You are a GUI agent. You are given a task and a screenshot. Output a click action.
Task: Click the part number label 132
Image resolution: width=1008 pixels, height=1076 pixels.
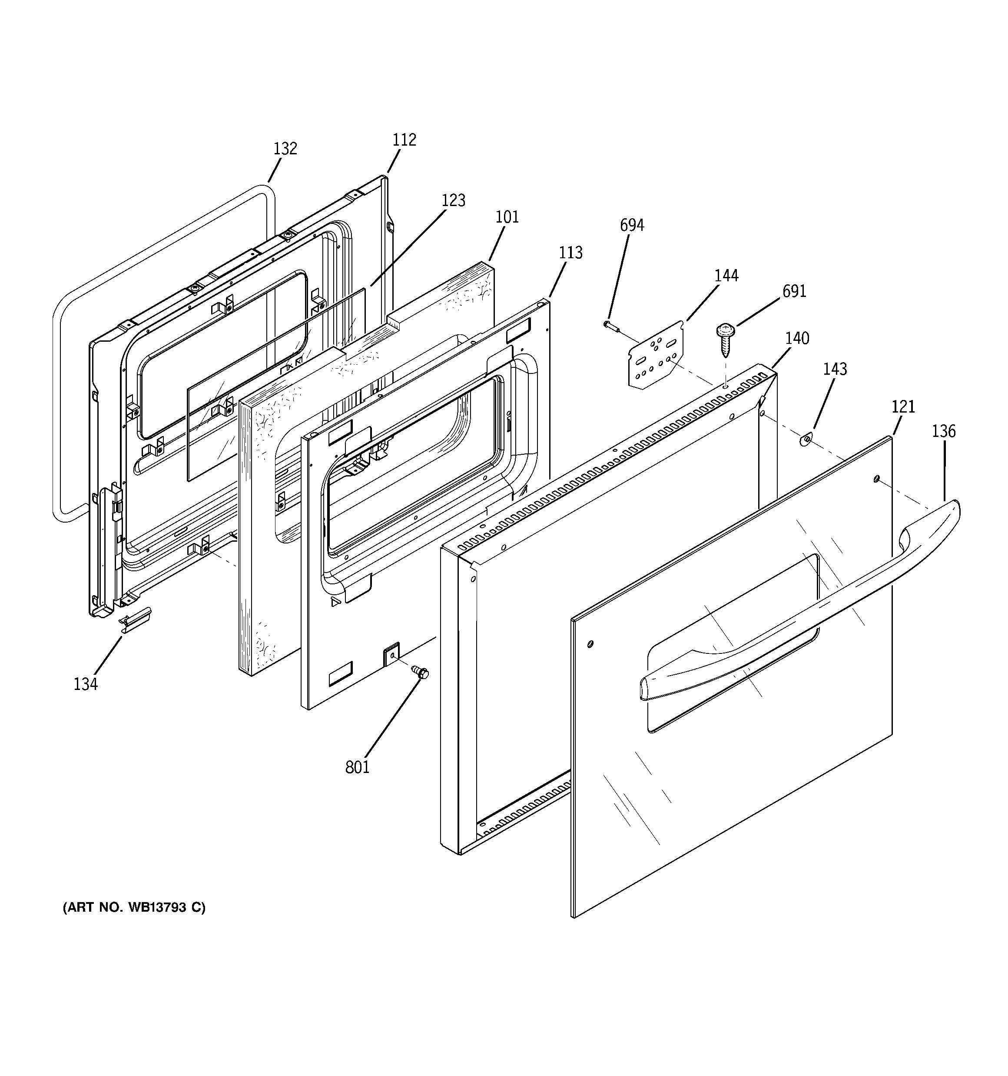coord(285,148)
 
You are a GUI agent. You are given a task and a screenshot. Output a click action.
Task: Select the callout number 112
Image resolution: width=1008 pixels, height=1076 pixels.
coord(404,140)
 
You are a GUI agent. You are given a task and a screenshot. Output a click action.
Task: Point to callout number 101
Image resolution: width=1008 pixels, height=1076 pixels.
coord(507,217)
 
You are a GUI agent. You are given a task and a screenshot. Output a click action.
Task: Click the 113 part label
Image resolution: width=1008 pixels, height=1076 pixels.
coord(570,253)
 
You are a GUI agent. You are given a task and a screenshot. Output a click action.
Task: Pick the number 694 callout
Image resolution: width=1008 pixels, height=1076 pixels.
coord(632,225)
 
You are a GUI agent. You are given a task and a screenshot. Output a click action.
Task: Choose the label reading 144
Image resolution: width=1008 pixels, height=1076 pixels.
coord(726,276)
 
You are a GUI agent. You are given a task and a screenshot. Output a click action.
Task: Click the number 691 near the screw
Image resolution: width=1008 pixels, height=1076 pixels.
coord(794,291)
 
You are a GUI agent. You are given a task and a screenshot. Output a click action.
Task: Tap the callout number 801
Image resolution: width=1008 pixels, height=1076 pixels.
coord(357,767)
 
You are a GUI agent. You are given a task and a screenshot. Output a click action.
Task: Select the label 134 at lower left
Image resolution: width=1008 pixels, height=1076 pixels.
coord(86,684)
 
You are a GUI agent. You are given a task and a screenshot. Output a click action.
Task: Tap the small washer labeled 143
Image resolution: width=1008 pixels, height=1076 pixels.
coord(805,440)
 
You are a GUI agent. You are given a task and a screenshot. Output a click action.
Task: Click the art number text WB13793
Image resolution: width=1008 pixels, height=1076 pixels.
coord(134,908)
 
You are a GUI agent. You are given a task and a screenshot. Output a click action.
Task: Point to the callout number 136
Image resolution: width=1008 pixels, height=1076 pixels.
coord(944,431)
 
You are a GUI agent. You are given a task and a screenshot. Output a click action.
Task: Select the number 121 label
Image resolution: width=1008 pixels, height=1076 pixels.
coord(903,406)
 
